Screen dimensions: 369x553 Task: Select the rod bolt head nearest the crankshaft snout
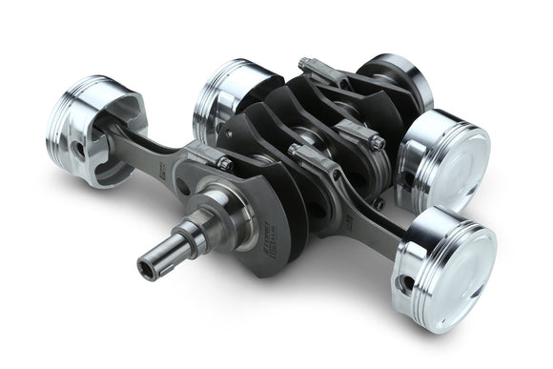226,164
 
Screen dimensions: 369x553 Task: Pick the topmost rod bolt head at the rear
303,64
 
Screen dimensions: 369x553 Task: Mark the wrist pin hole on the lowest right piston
407,283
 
